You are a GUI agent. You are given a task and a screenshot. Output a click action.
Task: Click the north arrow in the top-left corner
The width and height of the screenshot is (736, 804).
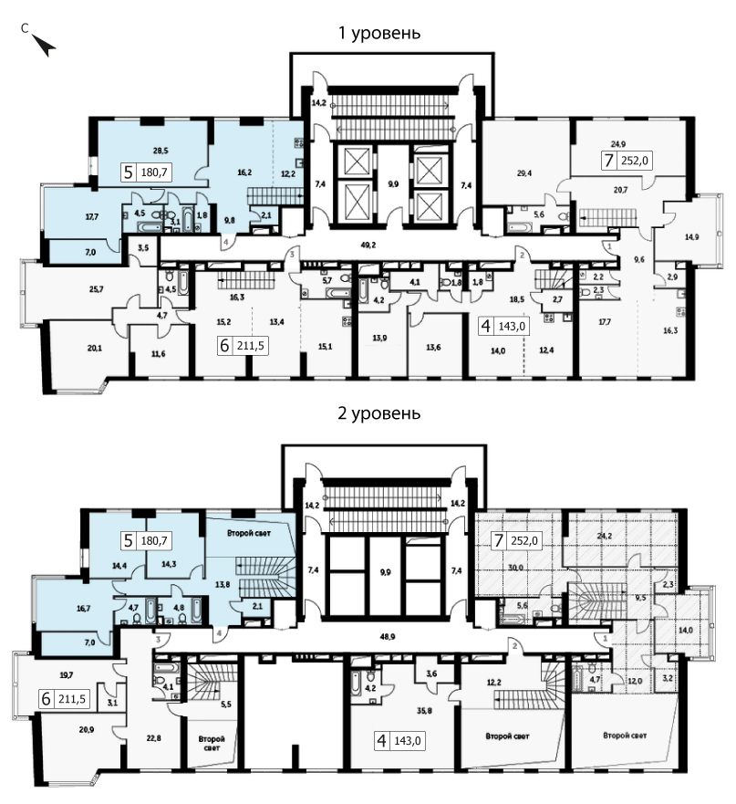pyautogui.click(x=44, y=45)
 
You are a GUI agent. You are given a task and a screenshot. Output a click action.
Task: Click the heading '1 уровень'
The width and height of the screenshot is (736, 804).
pyautogui.click(x=379, y=33)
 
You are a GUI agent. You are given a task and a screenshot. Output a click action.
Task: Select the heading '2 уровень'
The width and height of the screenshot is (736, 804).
pyautogui.click(x=378, y=412)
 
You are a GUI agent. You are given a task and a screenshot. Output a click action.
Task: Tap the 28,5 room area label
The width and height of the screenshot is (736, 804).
pyautogui.click(x=161, y=151)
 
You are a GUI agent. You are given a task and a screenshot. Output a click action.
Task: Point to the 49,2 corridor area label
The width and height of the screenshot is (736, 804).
pyautogui.click(x=368, y=245)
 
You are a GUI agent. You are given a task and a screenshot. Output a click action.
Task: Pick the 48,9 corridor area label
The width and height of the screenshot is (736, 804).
pyautogui.click(x=388, y=636)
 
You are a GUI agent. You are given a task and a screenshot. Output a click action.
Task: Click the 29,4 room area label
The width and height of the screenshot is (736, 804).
pyautogui.click(x=524, y=173)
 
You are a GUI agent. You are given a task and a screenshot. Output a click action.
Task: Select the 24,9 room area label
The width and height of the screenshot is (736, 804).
pyautogui.click(x=617, y=144)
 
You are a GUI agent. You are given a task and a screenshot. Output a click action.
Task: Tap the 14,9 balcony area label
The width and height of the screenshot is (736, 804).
pyautogui.click(x=691, y=237)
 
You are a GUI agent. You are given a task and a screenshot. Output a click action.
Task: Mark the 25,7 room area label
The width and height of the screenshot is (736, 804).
pyautogui.click(x=97, y=289)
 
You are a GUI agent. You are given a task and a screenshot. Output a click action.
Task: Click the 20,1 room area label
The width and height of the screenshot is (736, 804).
pyautogui.click(x=94, y=349)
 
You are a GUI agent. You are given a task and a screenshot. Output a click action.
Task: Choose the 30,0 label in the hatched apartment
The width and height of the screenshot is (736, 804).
pyautogui.click(x=515, y=568)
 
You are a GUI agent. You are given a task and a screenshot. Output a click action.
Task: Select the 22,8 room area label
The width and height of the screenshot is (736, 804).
pyautogui.click(x=153, y=738)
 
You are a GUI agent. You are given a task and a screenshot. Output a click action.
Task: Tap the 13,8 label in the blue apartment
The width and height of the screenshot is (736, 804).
pyautogui.click(x=223, y=584)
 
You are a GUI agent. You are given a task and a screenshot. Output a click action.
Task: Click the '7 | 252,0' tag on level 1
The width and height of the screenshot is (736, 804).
pyautogui.click(x=626, y=161)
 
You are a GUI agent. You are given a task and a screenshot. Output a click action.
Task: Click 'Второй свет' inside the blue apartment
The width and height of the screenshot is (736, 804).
pyautogui.click(x=249, y=533)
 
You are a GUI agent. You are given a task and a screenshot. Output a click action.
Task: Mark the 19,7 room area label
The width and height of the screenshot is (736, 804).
pyautogui.click(x=67, y=674)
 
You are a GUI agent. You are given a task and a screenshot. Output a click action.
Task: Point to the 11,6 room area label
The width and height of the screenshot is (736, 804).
pyautogui.click(x=159, y=354)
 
